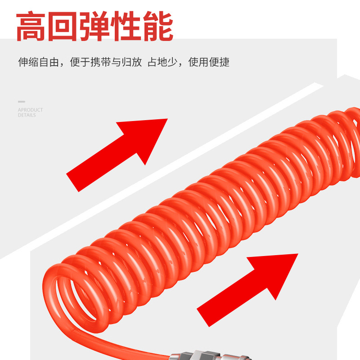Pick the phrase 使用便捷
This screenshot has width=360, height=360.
[x=209, y=63]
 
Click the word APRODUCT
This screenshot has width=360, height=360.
[x=30, y=110]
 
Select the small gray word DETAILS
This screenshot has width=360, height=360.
[x=27, y=115]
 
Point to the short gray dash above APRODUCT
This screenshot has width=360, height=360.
[x=21, y=102]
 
